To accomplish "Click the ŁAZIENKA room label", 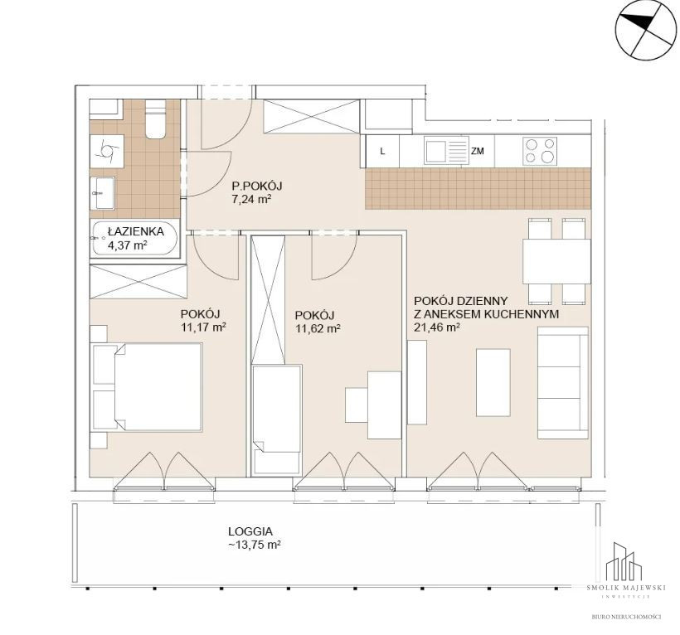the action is (x=129, y=231).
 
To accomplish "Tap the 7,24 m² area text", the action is (x=251, y=200).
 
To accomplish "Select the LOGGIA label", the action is (x=250, y=531).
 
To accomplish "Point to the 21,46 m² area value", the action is (x=437, y=327).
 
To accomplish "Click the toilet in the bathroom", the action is (x=155, y=119).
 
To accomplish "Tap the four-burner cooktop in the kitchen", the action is (x=540, y=151).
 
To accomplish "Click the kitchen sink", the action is (x=446, y=151).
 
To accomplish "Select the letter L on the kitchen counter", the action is (x=382, y=151).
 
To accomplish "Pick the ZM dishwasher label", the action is (x=477, y=151).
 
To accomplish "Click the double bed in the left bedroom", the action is (x=147, y=386).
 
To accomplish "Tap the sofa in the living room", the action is (x=563, y=383).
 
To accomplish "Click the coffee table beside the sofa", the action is (x=493, y=382).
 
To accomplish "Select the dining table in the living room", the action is (x=556, y=261).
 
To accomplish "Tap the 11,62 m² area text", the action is (x=318, y=328).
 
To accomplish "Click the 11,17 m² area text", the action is (x=203, y=327).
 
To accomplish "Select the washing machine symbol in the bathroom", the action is (x=107, y=150).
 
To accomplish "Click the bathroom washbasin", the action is (x=102, y=193).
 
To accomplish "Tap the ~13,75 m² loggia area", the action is (x=254, y=545).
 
